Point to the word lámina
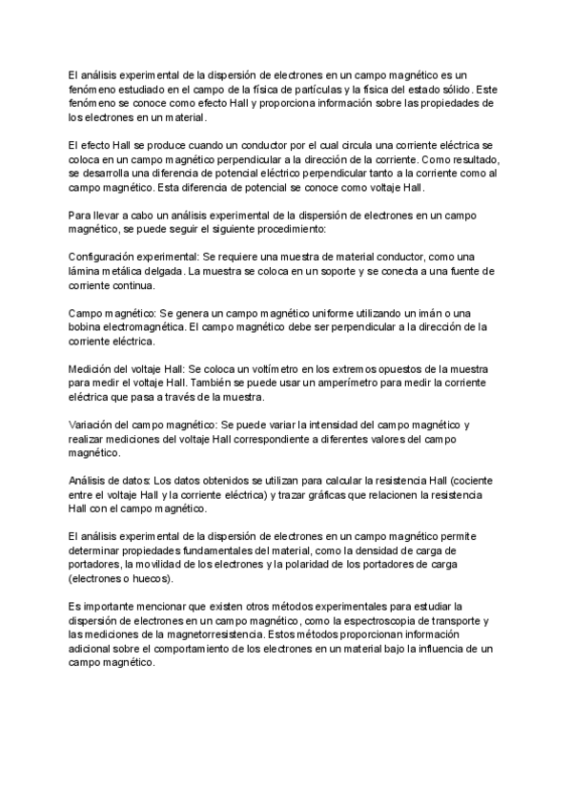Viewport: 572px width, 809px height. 86,272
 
